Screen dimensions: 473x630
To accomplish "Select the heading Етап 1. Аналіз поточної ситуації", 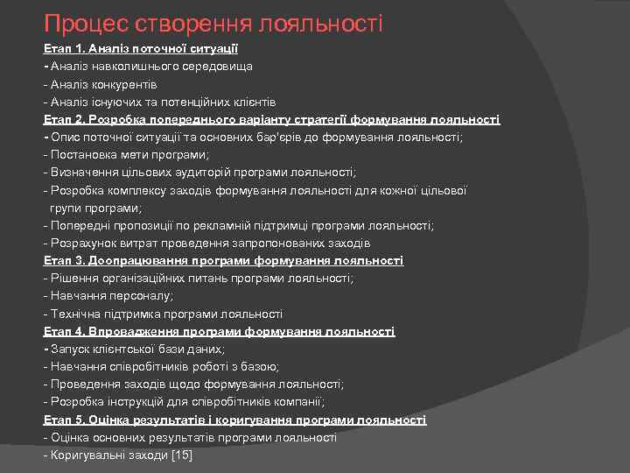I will (x=141, y=49).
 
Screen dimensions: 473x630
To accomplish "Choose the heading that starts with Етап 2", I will (x=271, y=119).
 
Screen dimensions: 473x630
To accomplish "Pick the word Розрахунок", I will (x=81, y=243).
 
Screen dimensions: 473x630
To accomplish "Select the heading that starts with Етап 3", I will (x=223, y=260).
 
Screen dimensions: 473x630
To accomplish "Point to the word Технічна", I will (x=77, y=314).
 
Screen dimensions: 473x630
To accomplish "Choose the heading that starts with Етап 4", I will (x=219, y=331).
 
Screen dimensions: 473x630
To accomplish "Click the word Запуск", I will (x=71, y=349).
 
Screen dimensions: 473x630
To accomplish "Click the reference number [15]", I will (x=182, y=455).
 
